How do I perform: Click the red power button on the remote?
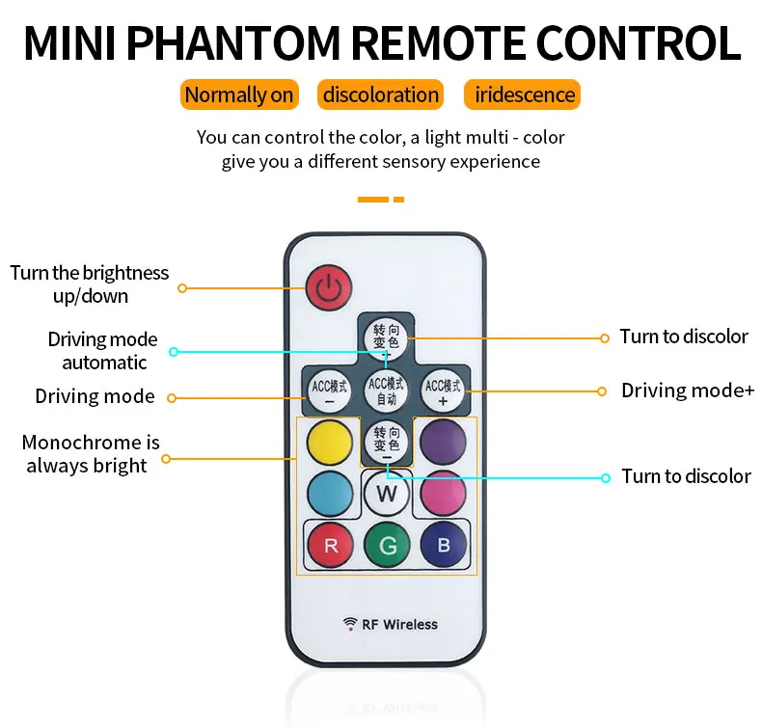(329, 286)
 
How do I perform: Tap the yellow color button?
(330, 442)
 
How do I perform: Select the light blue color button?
(330, 494)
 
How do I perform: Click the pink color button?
(443, 494)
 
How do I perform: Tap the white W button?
(387, 495)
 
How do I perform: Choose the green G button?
(387, 546)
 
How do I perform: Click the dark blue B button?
(443, 546)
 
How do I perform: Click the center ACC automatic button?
(387, 389)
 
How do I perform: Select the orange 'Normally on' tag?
(239, 94)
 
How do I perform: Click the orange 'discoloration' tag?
(381, 94)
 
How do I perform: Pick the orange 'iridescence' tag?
(525, 94)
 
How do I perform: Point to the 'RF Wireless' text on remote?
(399, 625)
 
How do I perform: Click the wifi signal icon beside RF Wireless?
(349, 624)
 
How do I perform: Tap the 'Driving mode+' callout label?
(688, 391)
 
